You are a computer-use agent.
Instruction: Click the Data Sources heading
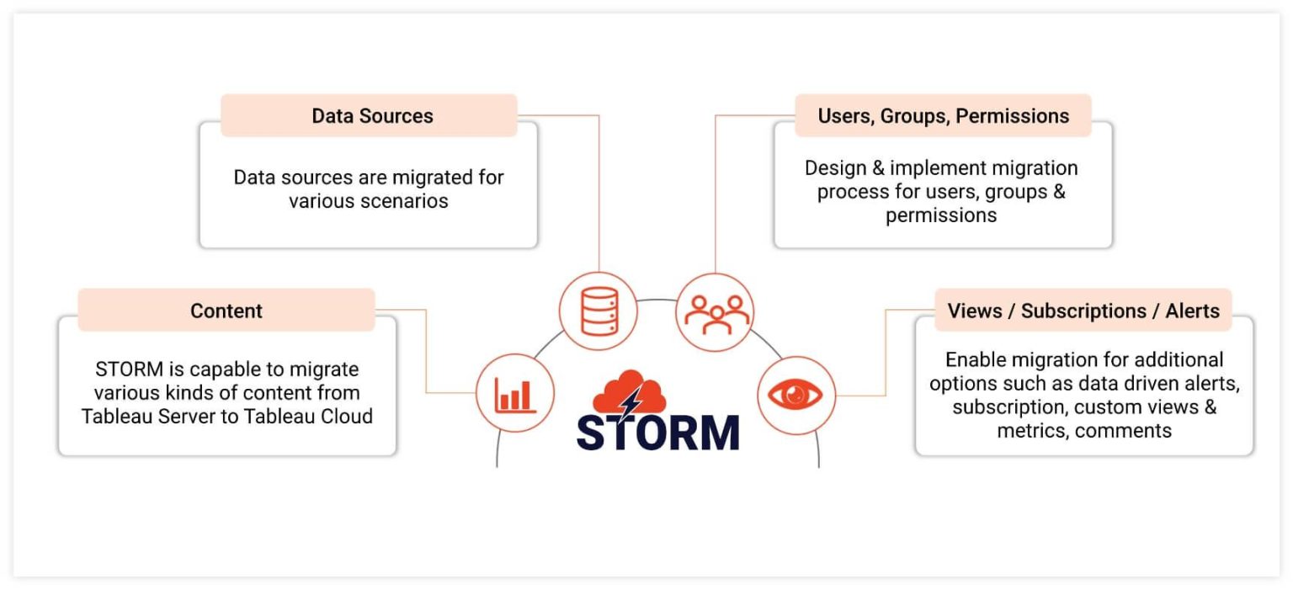[x=372, y=116]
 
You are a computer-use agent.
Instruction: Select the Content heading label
[x=226, y=311]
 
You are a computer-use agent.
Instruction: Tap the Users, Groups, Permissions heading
[x=943, y=116]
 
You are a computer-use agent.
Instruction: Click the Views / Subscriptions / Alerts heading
[x=1083, y=311]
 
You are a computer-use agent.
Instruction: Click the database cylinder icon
[x=599, y=311]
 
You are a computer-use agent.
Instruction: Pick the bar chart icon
[x=515, y=393]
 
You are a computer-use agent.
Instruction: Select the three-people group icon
[x=716, y=312]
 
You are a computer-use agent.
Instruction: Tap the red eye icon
[x=795, y=394]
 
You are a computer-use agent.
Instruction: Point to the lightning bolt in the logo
[x=630, y=401]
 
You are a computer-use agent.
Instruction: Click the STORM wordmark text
[x=657, y=433]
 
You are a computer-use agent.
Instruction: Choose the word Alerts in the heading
[x=1192, y=311]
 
